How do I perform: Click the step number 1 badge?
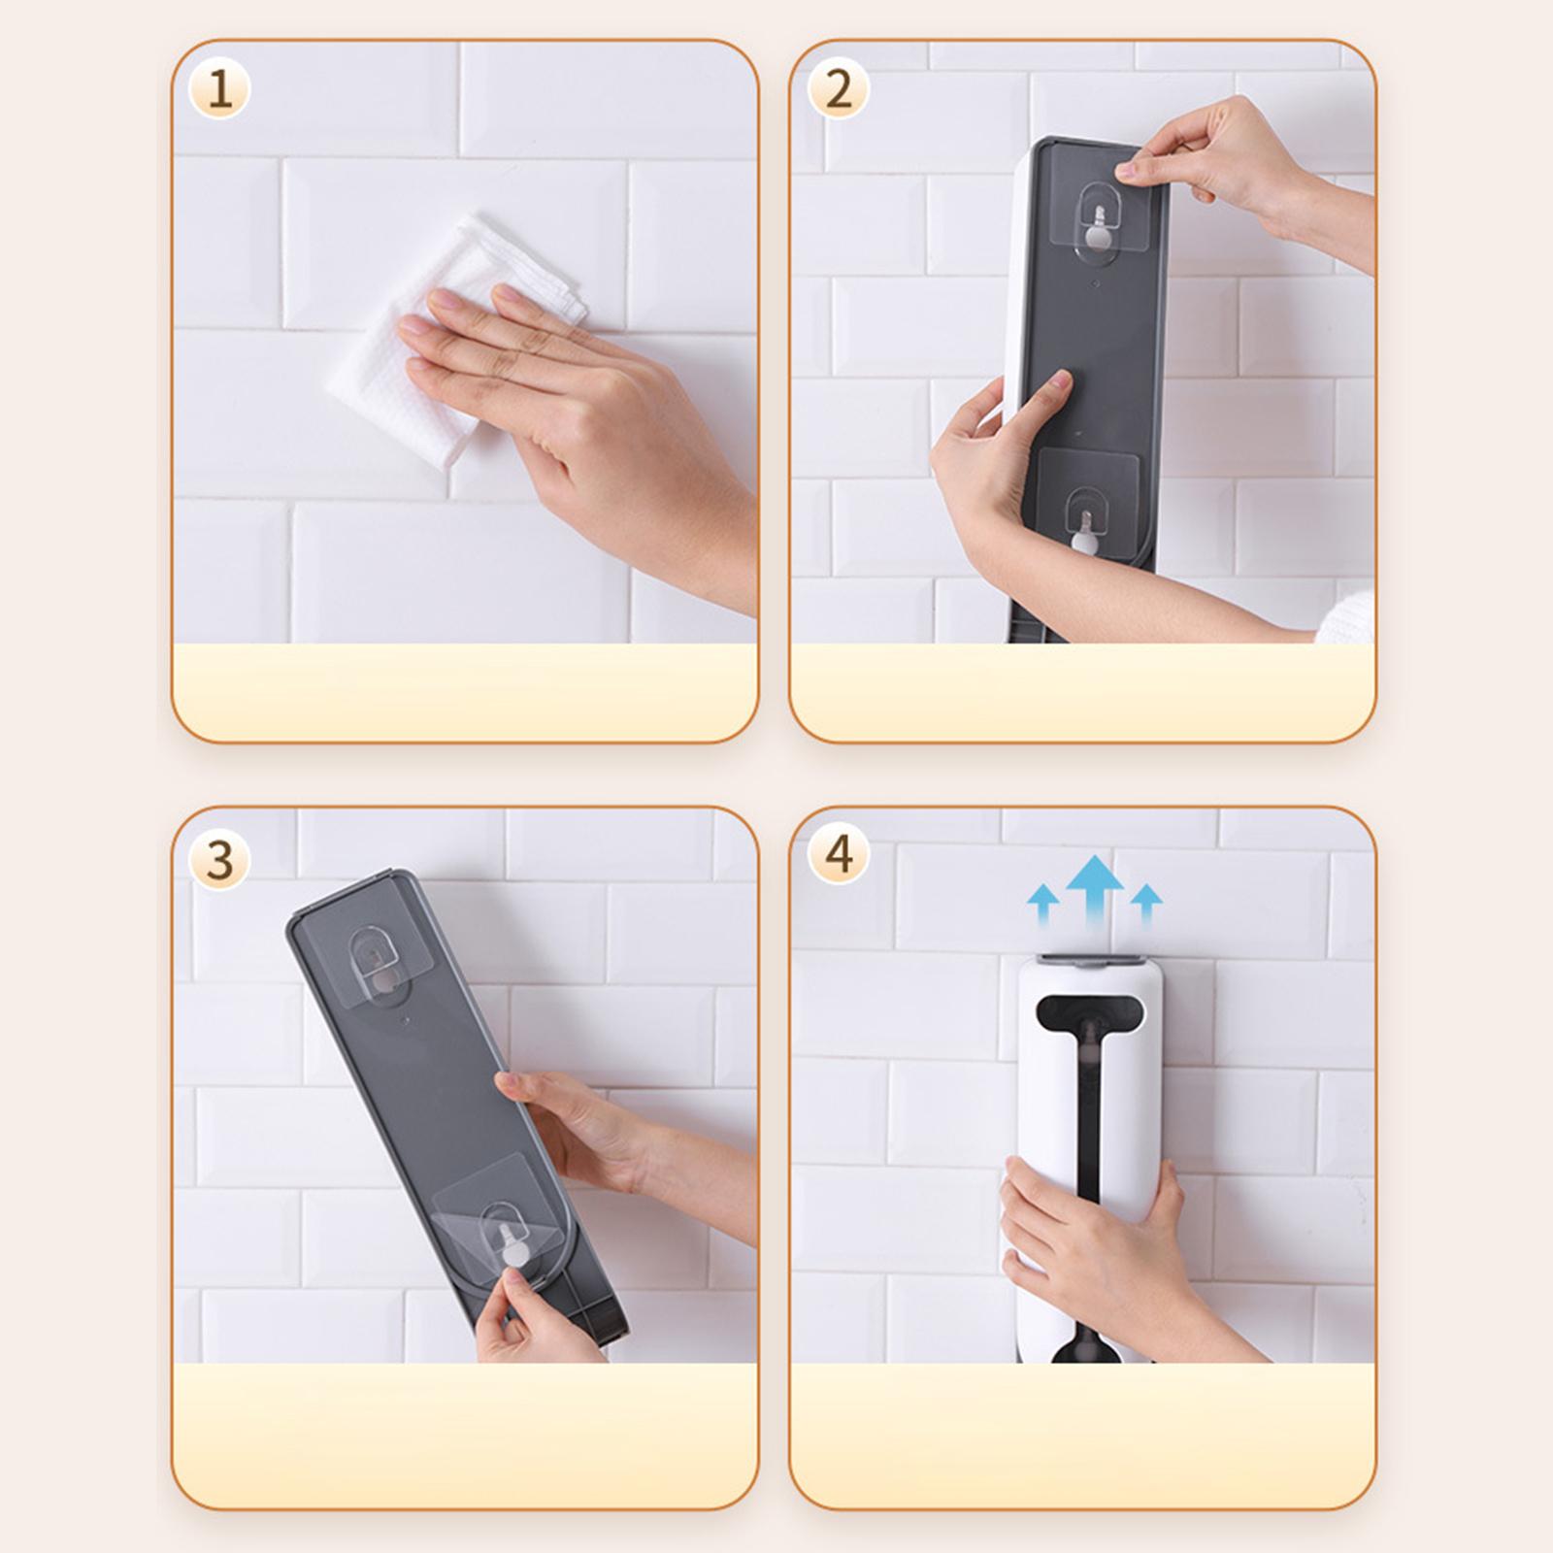click(219, 89)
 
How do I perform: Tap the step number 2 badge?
click(838, 89)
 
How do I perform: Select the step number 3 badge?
click(219, 860)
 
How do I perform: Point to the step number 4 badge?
click(838, 854)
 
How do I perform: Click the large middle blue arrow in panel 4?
click(1094, 888)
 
